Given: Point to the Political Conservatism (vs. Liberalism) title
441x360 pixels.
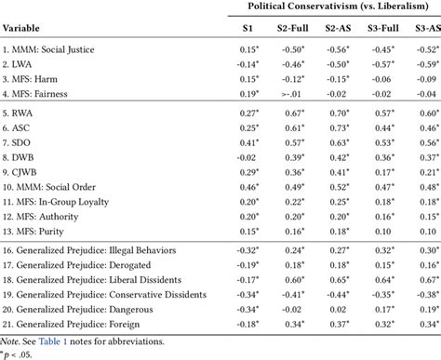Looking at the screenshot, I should click(x=339, y=7).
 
